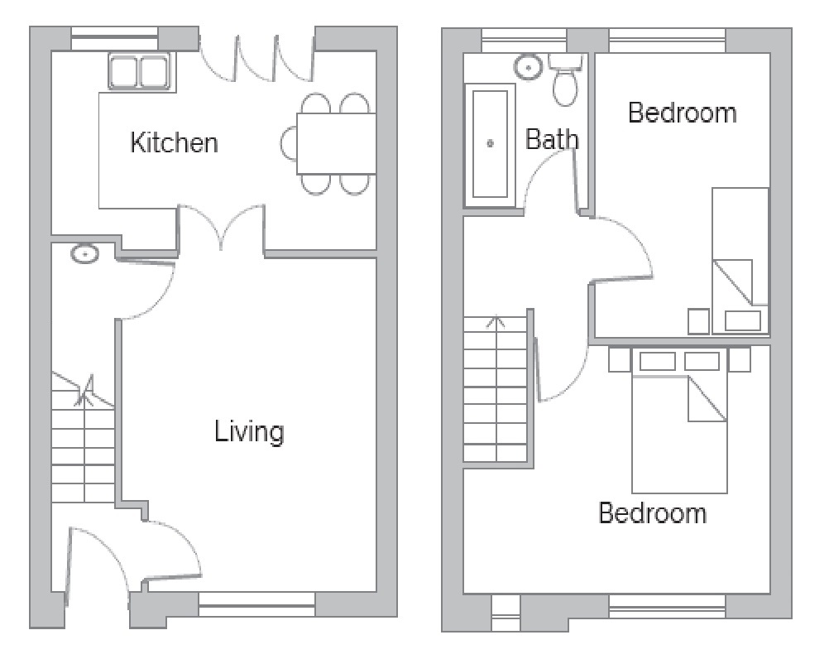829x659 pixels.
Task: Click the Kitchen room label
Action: tap(175, 142)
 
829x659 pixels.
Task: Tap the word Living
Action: tap(249, 431)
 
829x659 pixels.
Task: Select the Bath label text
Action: tap(552, 139)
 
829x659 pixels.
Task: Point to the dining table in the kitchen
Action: tap(336, 144)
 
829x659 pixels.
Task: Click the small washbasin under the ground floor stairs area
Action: tap(84, 254)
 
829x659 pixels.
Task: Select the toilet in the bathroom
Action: tap(566, 83)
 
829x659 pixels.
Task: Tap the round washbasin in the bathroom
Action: tap(527, 65)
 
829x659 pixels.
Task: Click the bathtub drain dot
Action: tap(490, 143)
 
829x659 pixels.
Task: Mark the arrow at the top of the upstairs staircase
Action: tap(496, 321)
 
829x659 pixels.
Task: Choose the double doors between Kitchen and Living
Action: tap(221, 228)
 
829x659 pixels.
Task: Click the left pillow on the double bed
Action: tap(657, 361)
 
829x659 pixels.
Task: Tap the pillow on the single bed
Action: tap(743, 320)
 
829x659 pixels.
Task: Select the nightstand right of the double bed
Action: tap(740, 359)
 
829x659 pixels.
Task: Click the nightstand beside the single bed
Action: tap(698, 321)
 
